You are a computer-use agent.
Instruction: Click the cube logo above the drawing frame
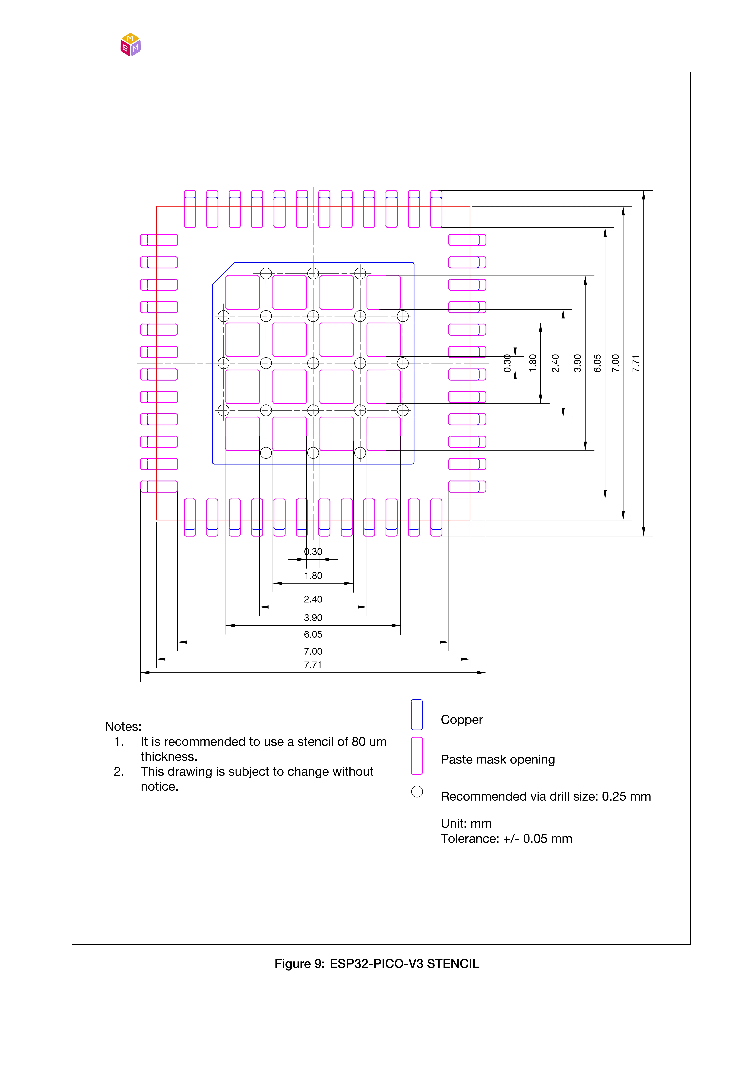tap(130, 45)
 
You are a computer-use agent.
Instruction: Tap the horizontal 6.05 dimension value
tap(313, 634)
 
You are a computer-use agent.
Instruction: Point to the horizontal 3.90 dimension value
tap(313, 618)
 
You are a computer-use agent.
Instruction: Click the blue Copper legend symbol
tap(417, 715)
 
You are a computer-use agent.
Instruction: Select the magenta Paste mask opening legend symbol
tap(417, 756)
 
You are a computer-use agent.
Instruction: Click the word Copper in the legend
tap(461, 720)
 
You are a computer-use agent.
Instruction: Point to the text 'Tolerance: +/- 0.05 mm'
tap(506, 839)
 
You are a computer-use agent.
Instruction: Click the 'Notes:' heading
tap(123, 726)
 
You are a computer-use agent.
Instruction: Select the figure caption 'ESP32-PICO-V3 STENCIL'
tap(404, 964)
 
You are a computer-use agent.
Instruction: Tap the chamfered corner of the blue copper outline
tap(223, 273)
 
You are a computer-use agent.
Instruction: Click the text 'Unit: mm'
tap(466, 823)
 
